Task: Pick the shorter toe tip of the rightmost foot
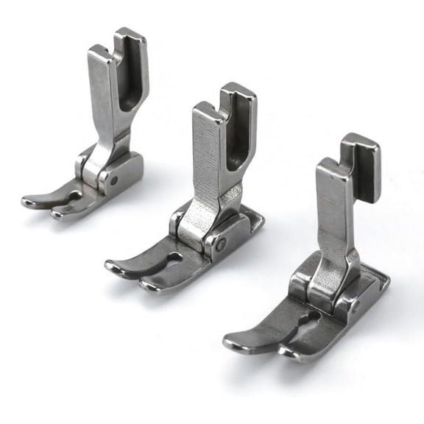point(289,354)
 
